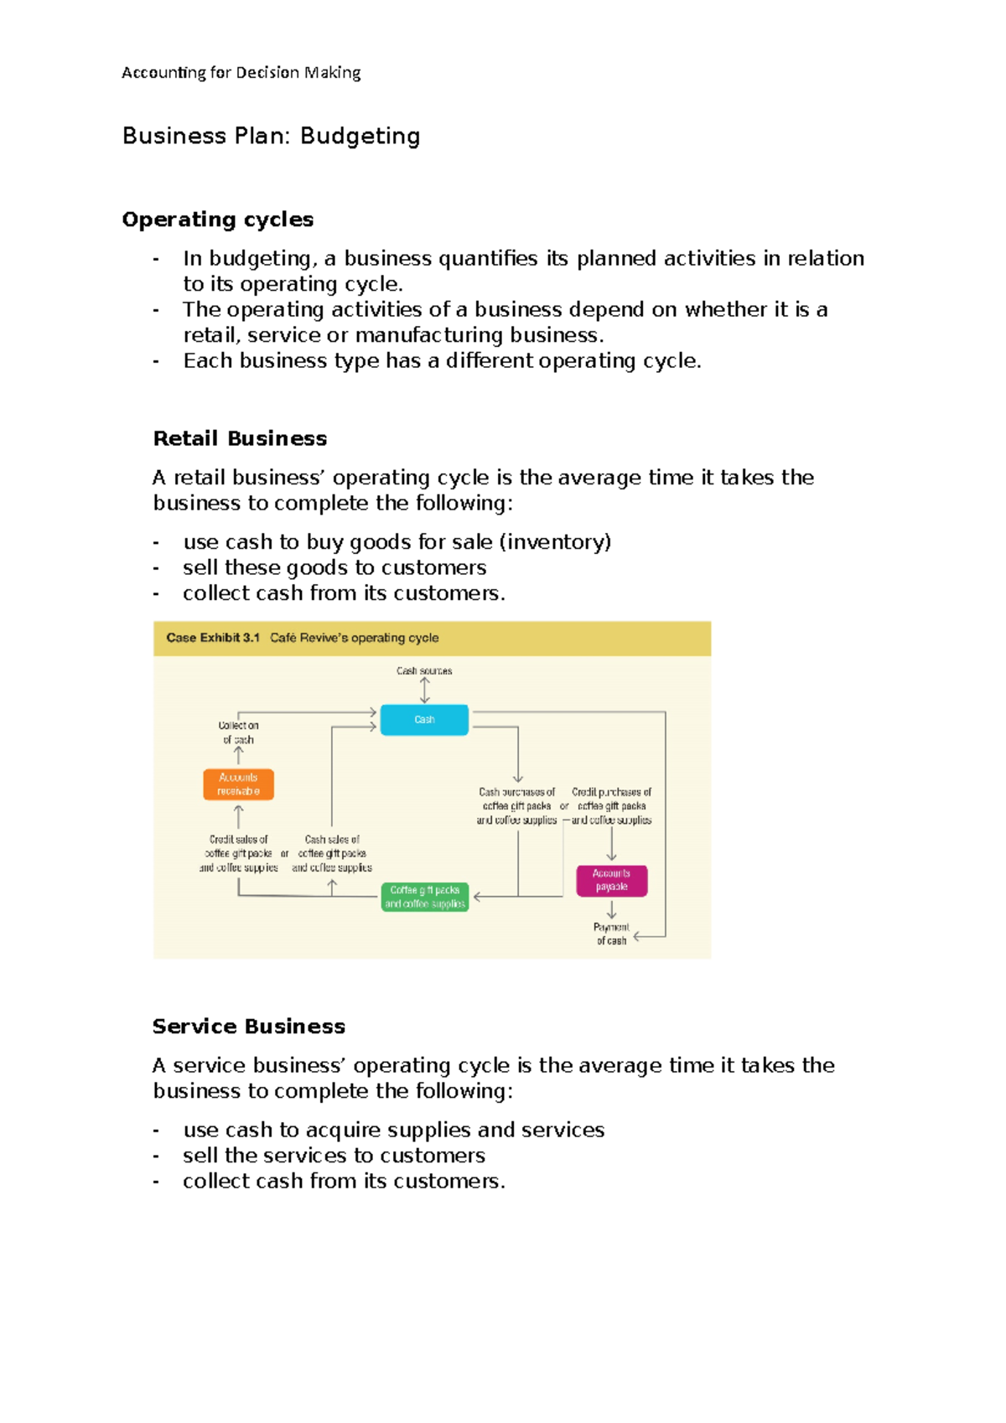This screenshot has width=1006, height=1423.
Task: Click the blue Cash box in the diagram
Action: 424,720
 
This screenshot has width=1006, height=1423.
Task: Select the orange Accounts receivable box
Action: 238,784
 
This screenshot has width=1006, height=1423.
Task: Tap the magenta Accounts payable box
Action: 611,881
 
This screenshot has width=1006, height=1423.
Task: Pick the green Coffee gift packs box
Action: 424,897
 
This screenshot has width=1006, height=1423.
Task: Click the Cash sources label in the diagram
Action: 424,671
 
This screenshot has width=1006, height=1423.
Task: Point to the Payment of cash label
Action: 611,934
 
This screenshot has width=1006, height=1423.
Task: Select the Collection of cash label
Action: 238,732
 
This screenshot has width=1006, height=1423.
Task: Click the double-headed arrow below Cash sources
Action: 425,690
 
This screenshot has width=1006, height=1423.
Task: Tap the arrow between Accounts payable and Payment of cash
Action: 611,910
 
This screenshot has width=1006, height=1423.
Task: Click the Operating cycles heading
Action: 218,220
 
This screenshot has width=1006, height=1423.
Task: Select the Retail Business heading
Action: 240,438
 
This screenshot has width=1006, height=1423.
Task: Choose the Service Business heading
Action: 249,1027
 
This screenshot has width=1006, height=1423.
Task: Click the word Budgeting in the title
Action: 360,137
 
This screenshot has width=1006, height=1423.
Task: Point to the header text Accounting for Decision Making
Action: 241,73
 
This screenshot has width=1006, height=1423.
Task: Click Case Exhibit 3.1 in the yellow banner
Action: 213,638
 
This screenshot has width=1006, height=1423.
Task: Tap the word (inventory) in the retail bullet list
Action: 555,542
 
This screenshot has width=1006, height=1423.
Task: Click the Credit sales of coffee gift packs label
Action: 239,853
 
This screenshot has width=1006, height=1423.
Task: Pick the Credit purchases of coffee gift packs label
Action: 611,806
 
